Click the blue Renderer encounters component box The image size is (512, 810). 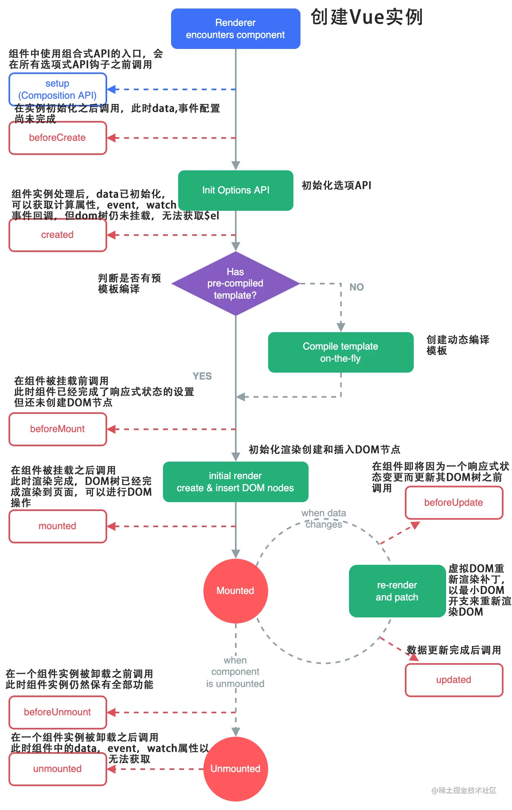tap(235, 29)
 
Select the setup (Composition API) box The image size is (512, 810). tap(57, 89)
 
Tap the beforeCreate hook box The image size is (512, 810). tap(57, 138)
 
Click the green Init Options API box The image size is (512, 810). tap(235, 190)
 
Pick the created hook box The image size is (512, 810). tap(57, 235)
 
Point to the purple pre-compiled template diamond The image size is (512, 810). tap(235, 284)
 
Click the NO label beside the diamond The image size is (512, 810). tap(356, 287)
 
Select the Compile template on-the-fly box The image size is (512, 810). tap(341, 352)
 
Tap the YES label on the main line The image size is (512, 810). tap(202, 376)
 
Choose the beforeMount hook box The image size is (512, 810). tap(57, 429)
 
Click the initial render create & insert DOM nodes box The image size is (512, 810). tap(235, 482)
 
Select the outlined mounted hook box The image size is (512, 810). tap(57, 526)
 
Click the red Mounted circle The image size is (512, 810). tap(235, 591)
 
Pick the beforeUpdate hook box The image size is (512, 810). tap(454, 503)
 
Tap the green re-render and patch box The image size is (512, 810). tap(397, 591)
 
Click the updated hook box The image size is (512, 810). tap(454, 680)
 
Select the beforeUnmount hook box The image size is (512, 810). tap(57, 712)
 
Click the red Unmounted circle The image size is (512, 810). tap(235, 769)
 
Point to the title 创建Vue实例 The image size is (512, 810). tap(366, 17)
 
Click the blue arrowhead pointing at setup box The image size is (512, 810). tap(112, 89)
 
